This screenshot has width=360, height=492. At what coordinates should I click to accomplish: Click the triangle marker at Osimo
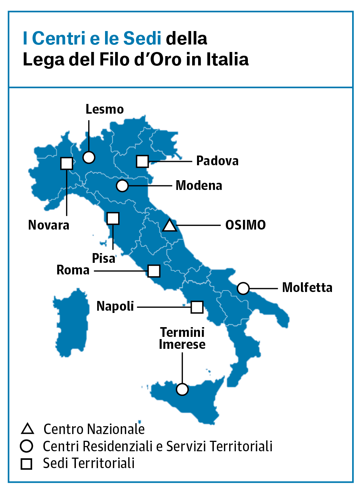tap(169, 226)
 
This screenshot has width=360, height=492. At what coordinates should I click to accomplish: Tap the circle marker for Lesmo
tap(89, 157)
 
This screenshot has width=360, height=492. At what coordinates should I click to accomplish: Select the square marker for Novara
tap(67, 163)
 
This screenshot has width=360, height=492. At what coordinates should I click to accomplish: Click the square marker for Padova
tap(142, 161)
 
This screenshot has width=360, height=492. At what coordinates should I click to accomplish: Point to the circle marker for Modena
tap(122, 185)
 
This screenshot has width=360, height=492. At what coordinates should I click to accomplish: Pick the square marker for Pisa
tap(113, 218)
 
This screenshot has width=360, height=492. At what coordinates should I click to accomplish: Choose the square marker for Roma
tap(154, 271)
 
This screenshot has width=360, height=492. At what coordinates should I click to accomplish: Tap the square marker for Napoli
tap(197, 307)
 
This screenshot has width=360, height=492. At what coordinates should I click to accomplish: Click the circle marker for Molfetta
tap(243, 288)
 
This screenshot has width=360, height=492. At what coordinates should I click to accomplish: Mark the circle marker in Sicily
tap(182, 389)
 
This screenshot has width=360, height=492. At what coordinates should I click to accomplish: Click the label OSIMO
tap(245, 225)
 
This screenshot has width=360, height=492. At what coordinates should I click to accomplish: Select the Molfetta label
tap(307, 287)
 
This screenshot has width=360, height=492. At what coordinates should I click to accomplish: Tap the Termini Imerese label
tap(182, 338)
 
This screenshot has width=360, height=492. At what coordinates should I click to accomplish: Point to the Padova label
tap(217, 161)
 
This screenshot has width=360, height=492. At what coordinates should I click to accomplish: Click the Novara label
tap(49, 225)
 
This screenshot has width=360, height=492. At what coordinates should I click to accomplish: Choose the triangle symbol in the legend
tap(27, 429)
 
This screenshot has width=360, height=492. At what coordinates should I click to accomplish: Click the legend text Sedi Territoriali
tap(89, 463)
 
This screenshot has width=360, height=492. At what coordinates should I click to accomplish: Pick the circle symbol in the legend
tap(27, 446)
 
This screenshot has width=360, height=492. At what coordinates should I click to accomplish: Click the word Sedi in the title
tap(142, 39)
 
